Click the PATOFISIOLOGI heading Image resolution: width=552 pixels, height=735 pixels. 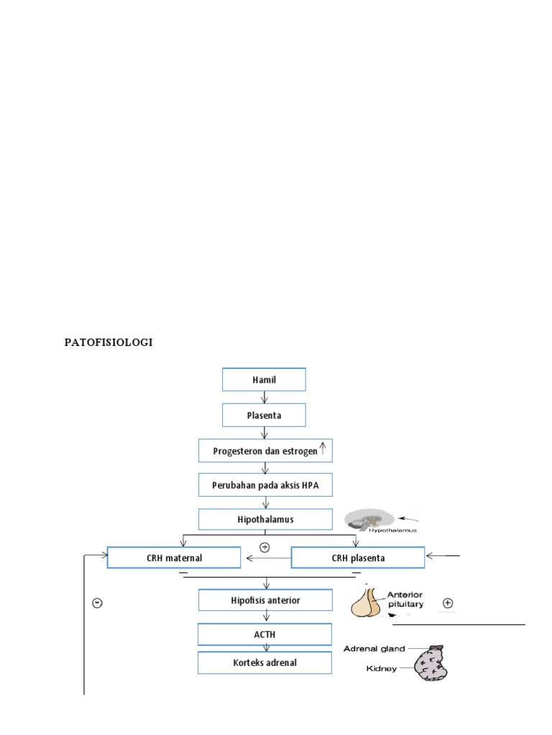109,342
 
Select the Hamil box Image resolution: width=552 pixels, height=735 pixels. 264,380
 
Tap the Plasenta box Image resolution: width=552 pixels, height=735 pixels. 264,415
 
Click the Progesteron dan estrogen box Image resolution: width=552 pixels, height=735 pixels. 265,451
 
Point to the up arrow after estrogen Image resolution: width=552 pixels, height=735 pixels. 323,449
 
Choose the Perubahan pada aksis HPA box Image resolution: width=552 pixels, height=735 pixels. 265,484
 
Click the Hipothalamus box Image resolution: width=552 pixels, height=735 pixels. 265,519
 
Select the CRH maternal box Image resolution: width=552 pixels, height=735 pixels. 174,558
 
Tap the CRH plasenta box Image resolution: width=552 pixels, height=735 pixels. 357,558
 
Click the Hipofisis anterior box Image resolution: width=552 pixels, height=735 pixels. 265,599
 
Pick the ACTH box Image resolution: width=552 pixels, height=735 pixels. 265,635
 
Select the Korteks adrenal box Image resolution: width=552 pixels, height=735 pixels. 265,663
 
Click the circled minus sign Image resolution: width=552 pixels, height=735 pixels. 97,603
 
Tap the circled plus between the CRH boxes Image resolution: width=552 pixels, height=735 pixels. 264,548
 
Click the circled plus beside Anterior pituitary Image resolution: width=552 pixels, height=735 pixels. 448,603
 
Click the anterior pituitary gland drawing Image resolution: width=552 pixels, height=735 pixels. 367,602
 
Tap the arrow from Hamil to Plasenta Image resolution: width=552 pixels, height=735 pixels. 264,397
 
